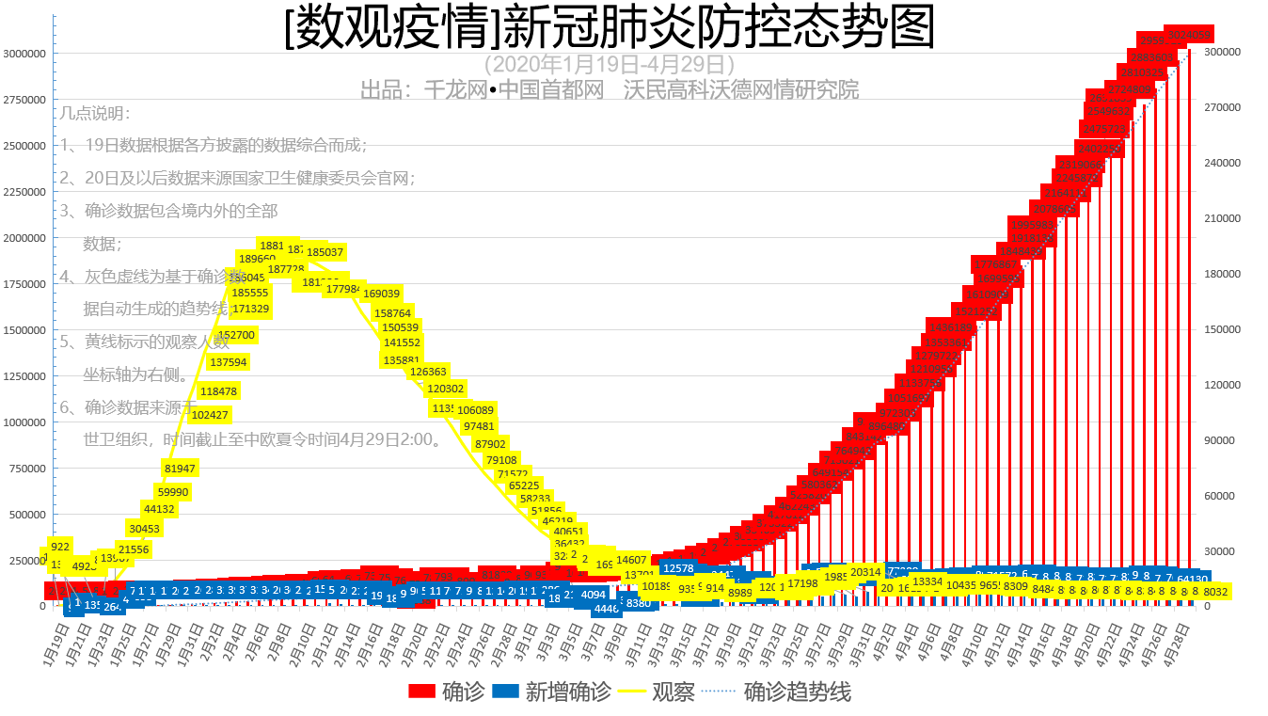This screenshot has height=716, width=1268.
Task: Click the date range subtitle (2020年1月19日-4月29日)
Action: click(x=610, y=64)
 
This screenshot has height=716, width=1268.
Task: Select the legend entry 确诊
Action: click(x=447, y=692)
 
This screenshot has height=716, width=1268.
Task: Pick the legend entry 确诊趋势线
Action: click(x=780, y=692)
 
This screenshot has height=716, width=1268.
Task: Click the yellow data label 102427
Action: click(x=210, y=415)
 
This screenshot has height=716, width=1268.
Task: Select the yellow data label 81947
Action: click(x=180, y=469)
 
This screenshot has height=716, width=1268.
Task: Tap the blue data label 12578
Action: click(x=678, y=568)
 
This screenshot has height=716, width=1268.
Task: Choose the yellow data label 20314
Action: click(x=865, y=572)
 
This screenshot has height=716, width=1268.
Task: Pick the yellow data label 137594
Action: click(x=229, y=362)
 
